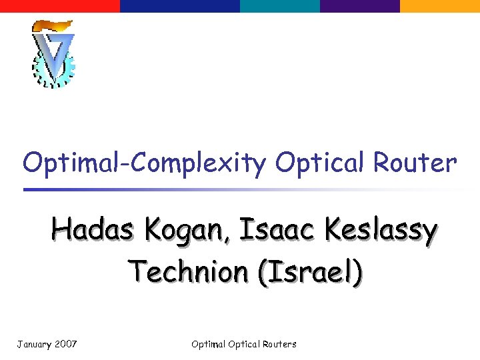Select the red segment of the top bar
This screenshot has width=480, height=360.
(x=60, y=6)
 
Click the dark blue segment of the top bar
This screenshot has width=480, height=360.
(x=180, y=6)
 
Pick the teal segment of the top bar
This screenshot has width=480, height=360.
(x=280, y=6)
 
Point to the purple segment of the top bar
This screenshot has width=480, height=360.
(x=360, y=6)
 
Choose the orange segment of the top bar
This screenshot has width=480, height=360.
(x=440, y=6)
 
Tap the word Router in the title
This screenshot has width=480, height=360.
(x=416, y=162)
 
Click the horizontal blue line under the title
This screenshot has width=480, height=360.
(x=200, y=189)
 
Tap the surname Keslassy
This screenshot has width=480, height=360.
(x=381, y=232)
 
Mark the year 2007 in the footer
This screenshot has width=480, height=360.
(x=66, y=344)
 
